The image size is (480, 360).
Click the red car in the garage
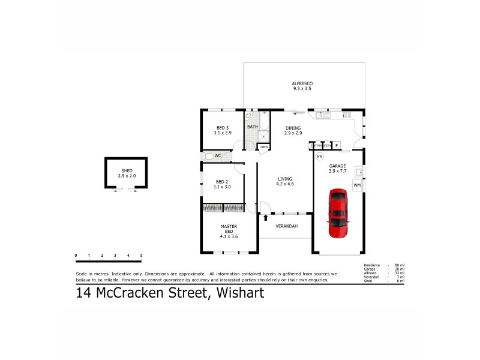pyautogui.click(x=338, y=214)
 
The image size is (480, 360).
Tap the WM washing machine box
pyautogui.click(x=357, y=185)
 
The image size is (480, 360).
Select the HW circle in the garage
pyautogui.click(x=320, y=157)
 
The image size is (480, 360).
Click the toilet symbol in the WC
pyautogui.click(x=208, y=156)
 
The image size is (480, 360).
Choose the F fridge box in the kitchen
pyautogui.click(x=337, y=145)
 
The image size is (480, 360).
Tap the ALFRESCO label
pyautogui.click(x=302, y=83)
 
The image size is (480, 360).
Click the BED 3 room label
pyautogui.click(x=222, y=127)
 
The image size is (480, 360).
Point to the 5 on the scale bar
pyautogui.click(x=141, y=256)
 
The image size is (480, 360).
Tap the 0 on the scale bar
pyautogui.click(x=76, y=256)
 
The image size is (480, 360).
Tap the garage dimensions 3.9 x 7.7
pyautogui.click(x=338, y=171)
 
